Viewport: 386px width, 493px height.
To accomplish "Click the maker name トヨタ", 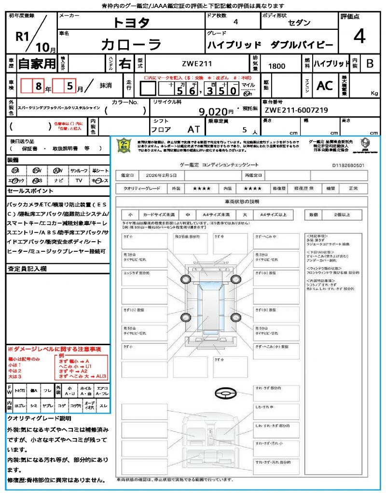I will click(131, 22).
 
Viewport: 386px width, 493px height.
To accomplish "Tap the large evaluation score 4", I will click(359, 37).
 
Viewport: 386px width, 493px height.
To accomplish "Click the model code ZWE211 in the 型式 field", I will click(197, 63).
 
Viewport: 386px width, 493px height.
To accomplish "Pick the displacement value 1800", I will click(276, 66).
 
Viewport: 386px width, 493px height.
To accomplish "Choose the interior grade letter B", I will click(370, 63).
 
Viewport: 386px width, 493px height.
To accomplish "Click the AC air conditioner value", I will click(324, 86).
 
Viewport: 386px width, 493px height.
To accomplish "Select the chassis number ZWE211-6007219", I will click(296, 110).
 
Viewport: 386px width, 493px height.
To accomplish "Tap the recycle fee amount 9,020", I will click(213, 112).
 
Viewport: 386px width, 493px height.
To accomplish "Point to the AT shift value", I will click(194, 130).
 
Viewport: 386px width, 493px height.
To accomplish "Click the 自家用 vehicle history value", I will click(37, 63).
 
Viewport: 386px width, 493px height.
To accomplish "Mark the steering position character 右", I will click(125, 64).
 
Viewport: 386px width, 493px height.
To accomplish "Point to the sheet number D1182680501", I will click(348, 165).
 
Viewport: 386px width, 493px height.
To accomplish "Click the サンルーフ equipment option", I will click(79, 170).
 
